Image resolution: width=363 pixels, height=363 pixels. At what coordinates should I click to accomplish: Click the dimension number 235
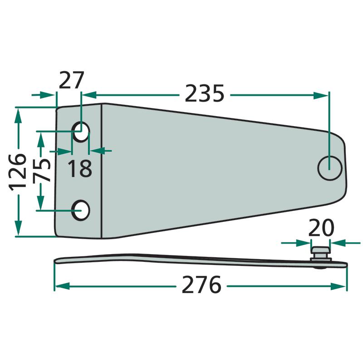[x=205, y=93]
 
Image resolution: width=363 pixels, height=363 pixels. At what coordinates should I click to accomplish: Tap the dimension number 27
[x=71, y=80]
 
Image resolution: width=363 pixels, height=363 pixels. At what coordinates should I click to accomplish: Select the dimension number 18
[x=80, y=168]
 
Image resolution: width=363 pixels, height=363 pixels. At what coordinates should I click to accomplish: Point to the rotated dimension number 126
[x=18, y=172]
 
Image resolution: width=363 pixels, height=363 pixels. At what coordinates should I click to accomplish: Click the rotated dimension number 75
[x=41, y=171]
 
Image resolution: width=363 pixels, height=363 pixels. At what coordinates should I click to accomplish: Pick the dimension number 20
[x=321, y=228]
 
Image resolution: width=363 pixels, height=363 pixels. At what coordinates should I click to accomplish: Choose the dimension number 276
[x=201, y=285]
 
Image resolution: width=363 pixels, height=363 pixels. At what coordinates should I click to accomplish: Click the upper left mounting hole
[x=81, y=132]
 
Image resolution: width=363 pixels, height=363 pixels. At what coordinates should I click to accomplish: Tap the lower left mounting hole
[x=80, y=210]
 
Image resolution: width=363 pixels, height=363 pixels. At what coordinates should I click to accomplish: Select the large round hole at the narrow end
[x=330, y=168]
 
